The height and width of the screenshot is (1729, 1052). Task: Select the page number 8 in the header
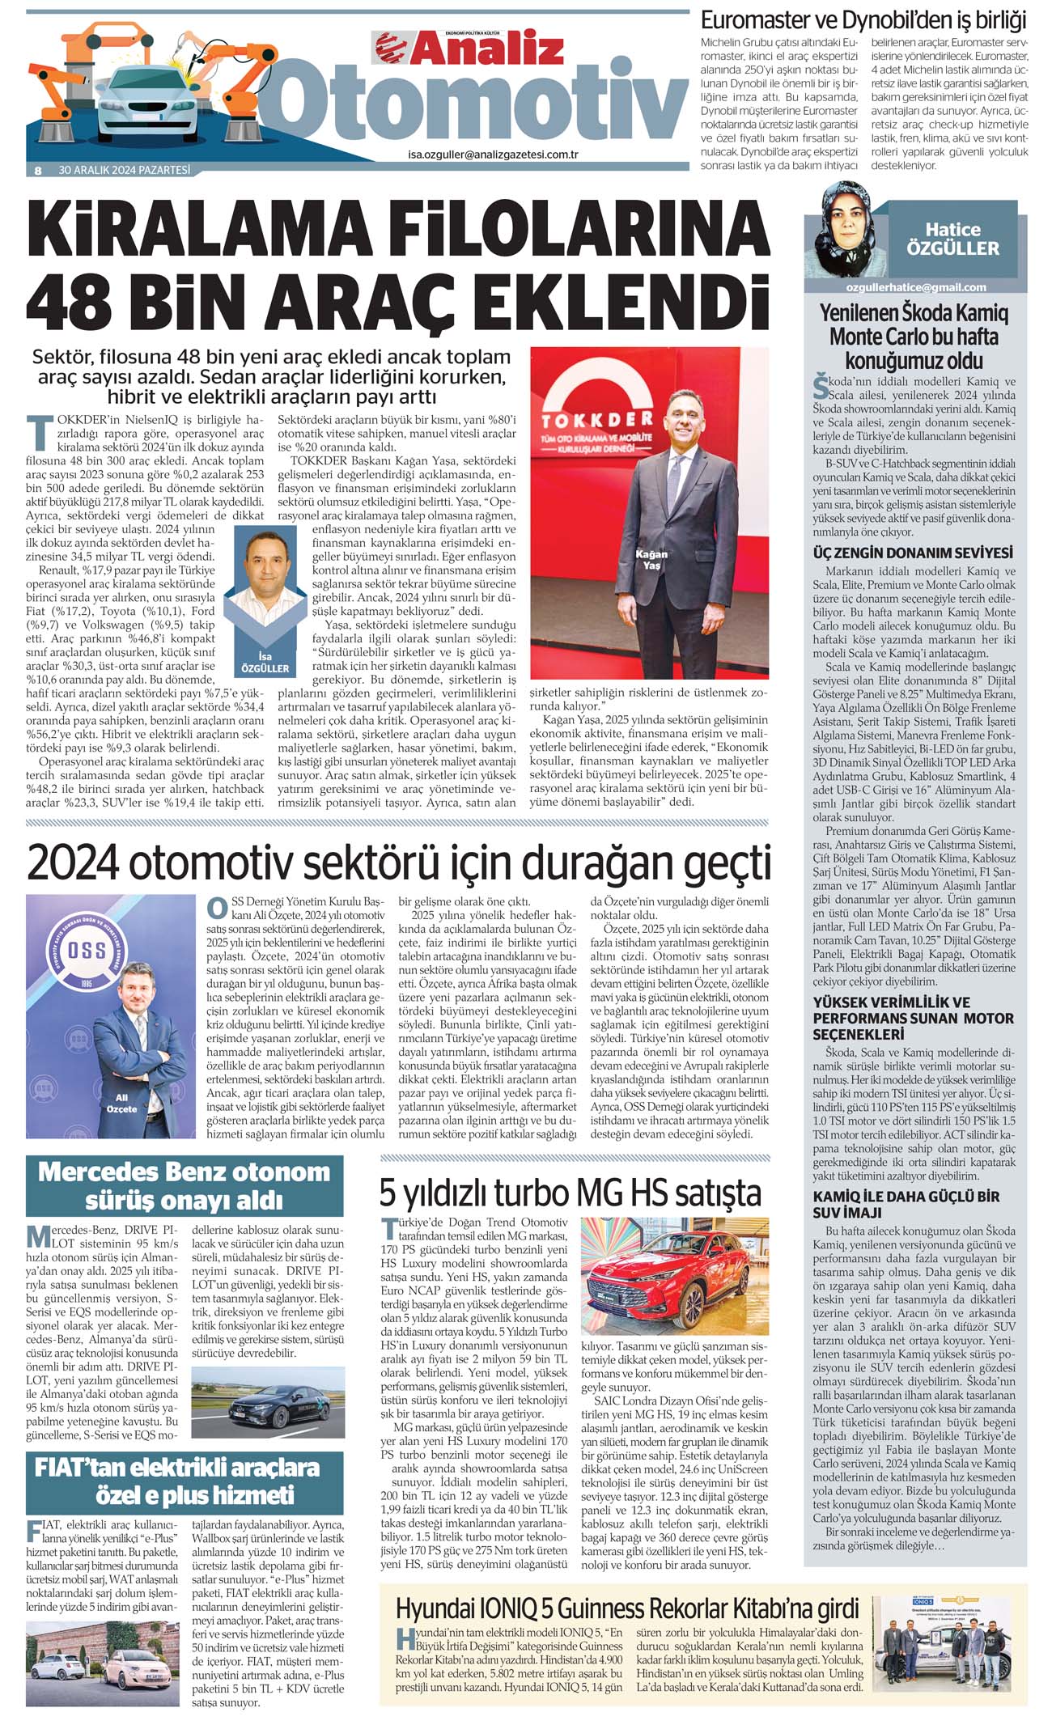point(37,171)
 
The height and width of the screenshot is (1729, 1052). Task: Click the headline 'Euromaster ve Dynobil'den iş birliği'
point(863,19)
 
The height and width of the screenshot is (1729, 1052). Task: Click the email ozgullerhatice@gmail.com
point(915,286)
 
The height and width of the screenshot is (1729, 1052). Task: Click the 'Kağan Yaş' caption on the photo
point(651,559)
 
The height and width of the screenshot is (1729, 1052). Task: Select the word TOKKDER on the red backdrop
point(597,420)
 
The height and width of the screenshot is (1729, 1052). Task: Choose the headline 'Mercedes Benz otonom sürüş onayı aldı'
point(184,1186)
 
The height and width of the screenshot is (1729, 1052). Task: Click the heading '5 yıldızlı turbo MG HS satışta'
point(571,1193)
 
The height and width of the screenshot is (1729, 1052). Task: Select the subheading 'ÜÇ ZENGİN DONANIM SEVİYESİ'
point(913,553)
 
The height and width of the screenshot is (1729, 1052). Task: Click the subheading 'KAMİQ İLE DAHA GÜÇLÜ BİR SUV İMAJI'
point(906,1204)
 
